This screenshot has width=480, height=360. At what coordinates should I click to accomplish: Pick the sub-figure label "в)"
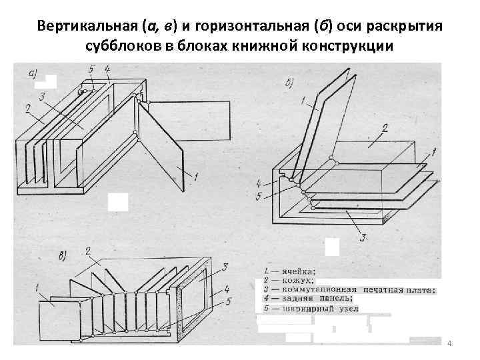click(63, 255)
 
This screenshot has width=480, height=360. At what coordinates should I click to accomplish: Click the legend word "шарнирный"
click(310, 309)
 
